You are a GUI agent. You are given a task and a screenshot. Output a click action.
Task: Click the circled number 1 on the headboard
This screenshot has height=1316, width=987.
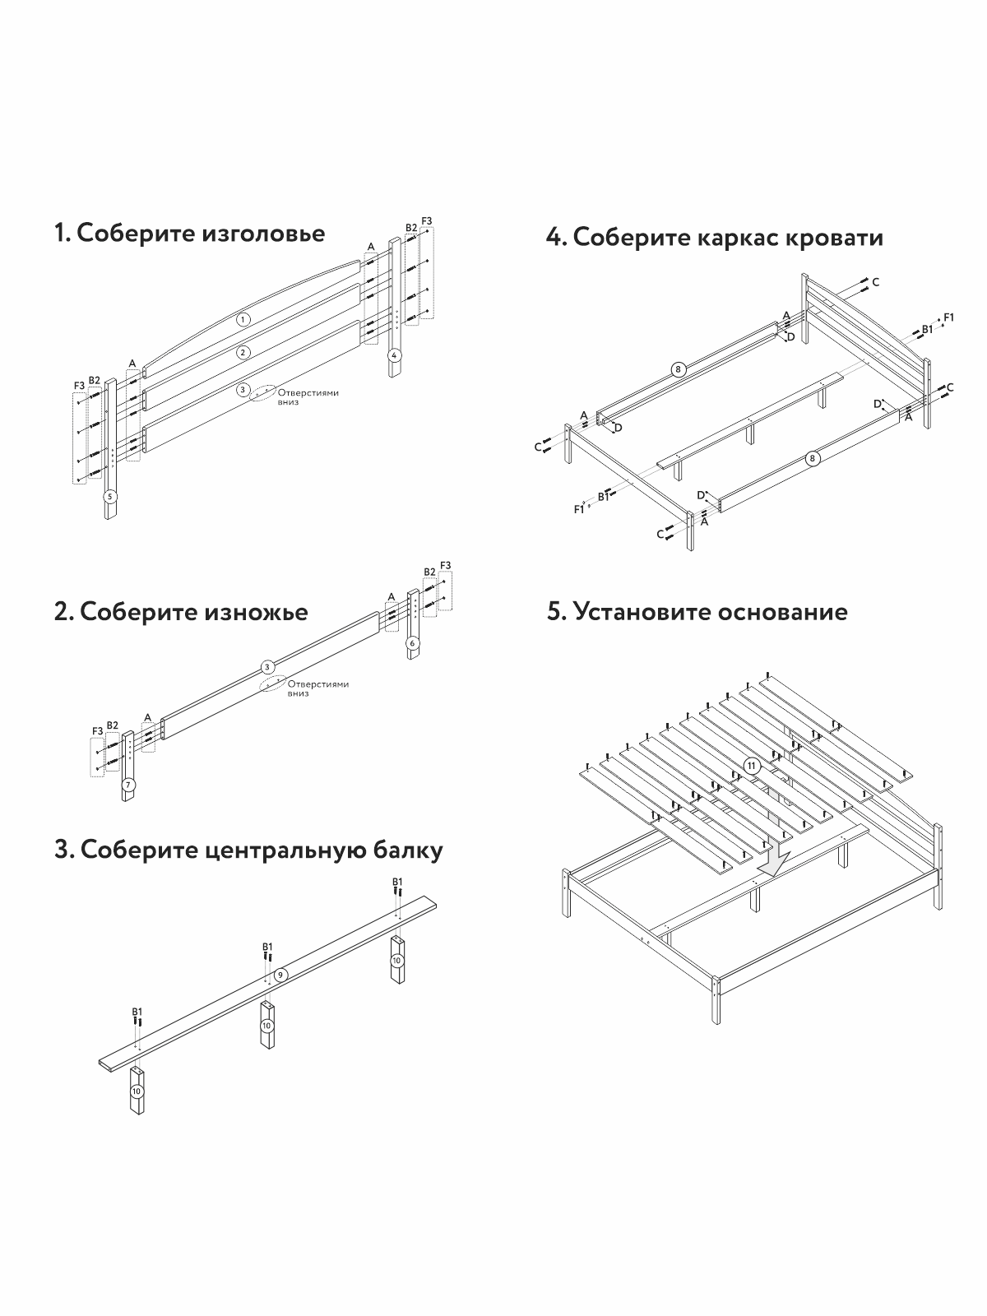[243, 318]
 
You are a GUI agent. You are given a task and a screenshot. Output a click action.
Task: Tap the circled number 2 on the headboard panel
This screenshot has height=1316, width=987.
[243, 352]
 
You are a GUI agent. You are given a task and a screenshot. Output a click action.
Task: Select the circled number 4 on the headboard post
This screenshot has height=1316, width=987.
[395, 355]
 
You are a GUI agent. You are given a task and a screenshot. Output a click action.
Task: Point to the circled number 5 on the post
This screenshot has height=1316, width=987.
[110, 496]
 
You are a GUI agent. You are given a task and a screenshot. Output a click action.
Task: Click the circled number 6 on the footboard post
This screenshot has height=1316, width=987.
[413, 642]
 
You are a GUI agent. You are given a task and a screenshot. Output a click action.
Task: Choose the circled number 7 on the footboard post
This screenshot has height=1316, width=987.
[128, 785]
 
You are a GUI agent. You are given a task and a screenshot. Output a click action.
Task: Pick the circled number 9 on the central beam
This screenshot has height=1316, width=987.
[280, 975]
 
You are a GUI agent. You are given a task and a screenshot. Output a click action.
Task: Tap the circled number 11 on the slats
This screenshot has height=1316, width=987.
[751, 766]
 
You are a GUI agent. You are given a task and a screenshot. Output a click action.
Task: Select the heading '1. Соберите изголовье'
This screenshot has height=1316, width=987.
[190, 233]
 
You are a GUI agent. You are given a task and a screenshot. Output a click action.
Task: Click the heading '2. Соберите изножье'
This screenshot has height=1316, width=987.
[181, 612]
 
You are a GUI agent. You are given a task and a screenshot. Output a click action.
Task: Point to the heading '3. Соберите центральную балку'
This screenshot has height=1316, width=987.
[248, 849]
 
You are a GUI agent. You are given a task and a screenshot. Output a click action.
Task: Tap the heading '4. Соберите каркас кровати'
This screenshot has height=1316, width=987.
[714, 237]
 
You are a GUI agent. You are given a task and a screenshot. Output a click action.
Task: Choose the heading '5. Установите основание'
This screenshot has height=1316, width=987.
[697, 612]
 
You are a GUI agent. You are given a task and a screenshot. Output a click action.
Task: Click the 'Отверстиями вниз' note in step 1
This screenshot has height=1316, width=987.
[307, 397]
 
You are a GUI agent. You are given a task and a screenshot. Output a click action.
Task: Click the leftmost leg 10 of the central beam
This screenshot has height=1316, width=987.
[137, 1091]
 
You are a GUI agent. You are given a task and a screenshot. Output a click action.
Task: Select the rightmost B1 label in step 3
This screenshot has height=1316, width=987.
[397, 882]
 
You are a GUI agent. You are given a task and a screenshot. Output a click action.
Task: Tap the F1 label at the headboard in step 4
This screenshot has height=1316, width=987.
[948, 317]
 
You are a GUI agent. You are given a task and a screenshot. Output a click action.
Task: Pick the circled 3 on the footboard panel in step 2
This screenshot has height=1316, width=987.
[267, 666]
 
